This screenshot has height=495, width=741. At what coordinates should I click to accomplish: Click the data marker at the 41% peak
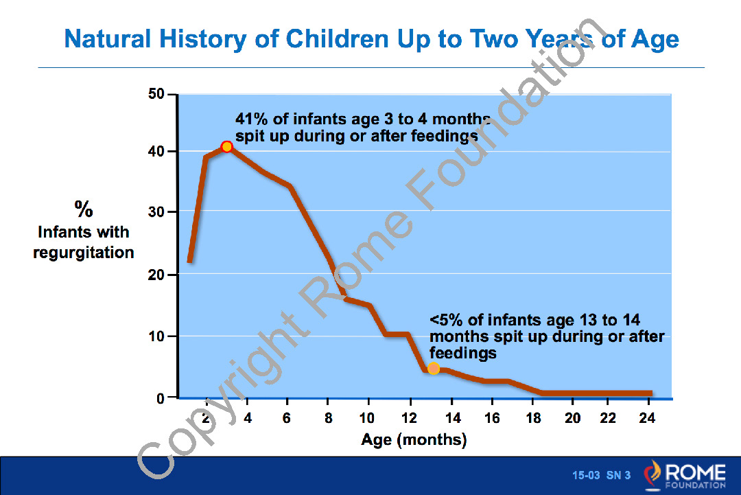(226, 146)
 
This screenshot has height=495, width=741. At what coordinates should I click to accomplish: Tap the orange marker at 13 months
(434, 369)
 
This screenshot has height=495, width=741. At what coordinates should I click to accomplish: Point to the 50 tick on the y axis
(155, 95)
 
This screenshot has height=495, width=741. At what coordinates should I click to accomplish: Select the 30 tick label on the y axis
(155, 211)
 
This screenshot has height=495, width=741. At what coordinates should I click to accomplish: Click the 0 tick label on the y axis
(160, 398)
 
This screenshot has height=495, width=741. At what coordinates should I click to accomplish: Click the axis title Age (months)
(414, 439)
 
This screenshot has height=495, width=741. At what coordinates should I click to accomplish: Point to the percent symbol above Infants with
(84, 209)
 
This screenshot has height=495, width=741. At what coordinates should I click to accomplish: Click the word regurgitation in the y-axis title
(84, 253)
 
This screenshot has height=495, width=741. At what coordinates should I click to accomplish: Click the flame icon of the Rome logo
(652, 474)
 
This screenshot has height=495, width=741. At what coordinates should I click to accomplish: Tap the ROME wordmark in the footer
(694, 472)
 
